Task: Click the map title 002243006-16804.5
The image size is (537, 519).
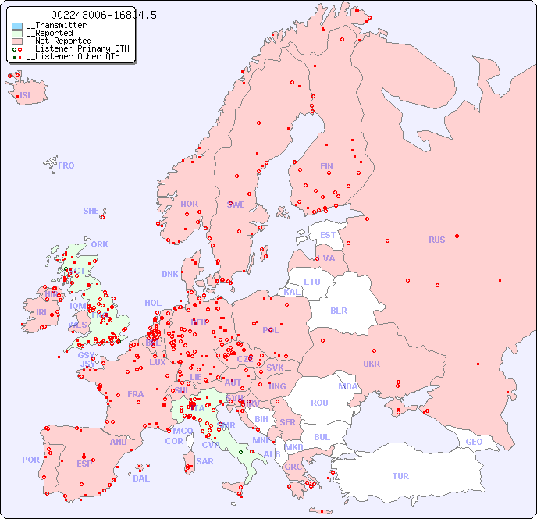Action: (103, 15)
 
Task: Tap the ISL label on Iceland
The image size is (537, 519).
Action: (27, 96)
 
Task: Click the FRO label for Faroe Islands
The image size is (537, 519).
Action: (66, 165)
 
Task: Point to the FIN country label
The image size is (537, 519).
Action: (326, 166)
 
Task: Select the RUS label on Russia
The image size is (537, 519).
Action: (436, 240)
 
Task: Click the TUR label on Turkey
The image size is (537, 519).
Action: (400, 476)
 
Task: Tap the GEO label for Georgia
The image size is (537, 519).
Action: (474, 442)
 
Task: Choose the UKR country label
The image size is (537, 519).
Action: (372, 364)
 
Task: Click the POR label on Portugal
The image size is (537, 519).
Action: (30, 460)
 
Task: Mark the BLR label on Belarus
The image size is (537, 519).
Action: (338, 310)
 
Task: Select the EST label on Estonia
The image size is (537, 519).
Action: (328, 235)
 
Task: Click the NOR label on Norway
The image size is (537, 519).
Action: (189, 204)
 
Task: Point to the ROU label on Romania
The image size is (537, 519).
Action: (319, 403)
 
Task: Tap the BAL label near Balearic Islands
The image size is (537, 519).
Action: (141, 478)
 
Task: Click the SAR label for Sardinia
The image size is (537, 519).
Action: (204, 461)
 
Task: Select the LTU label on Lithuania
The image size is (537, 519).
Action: (312, 282)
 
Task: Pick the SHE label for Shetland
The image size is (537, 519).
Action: (91, 211)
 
